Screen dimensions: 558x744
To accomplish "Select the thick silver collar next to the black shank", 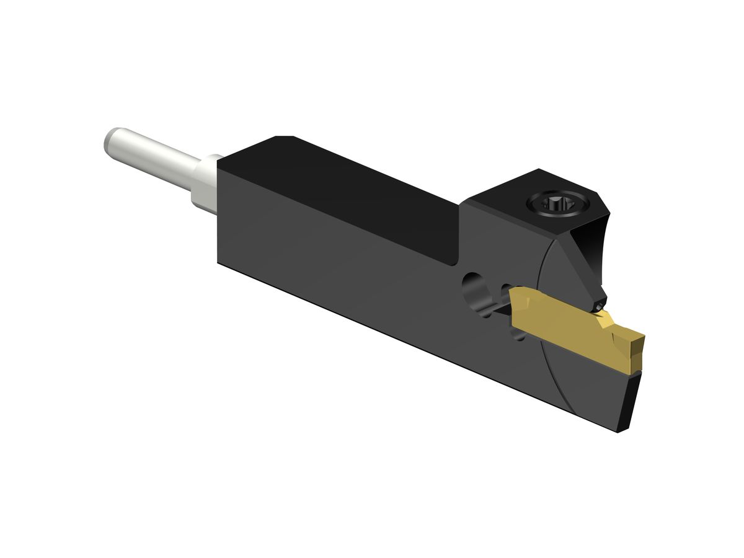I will [x=206, y=182].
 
